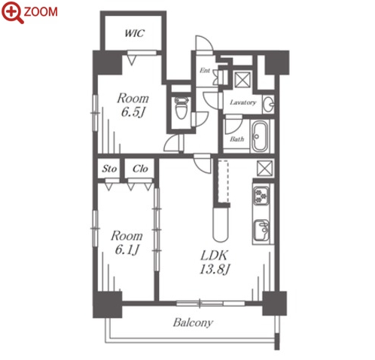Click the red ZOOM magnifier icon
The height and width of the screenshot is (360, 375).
[12, 12]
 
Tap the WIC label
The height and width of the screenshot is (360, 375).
[135, 33]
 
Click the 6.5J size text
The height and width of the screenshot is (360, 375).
[133, 112]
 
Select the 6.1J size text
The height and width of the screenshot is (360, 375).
[127, 249]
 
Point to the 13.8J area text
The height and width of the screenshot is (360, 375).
[215, 270]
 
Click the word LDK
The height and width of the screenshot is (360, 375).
[214, 255]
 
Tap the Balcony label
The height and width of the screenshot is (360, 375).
[193, 322]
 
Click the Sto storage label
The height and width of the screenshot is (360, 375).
[109, 169]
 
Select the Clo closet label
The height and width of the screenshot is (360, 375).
[140, 169]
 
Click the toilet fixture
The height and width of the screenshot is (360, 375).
[181, 108]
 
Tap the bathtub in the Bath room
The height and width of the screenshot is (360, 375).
[260, 136]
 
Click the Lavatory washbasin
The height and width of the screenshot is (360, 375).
[268, 104]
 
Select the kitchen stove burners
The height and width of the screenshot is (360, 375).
[261, 196]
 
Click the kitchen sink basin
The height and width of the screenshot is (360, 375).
[261, 230]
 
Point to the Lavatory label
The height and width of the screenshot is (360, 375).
[243, 102]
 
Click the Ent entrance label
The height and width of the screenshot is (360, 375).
[205, 70]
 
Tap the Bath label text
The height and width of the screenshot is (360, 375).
[237, 139]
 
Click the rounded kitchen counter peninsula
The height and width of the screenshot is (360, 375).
[221, 224]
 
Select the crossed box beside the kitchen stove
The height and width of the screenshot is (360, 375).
[264, 168]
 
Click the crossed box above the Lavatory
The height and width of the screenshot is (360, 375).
[242, 80]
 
